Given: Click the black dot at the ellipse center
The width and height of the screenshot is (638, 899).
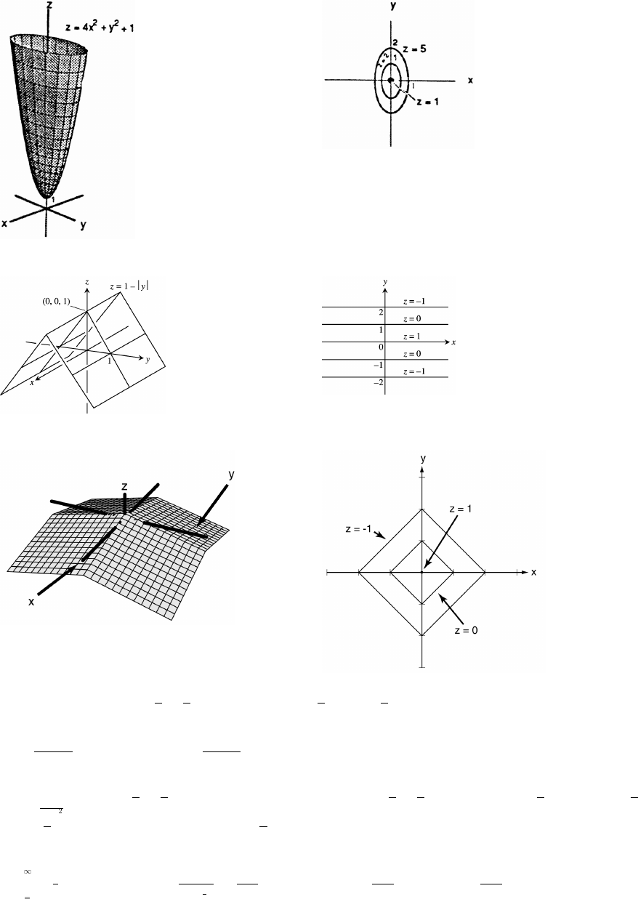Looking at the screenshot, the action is (391, 80).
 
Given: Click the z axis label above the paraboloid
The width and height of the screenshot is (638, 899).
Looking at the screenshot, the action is (49, 5).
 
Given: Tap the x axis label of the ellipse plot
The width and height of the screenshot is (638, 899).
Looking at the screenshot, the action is (470, 80).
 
